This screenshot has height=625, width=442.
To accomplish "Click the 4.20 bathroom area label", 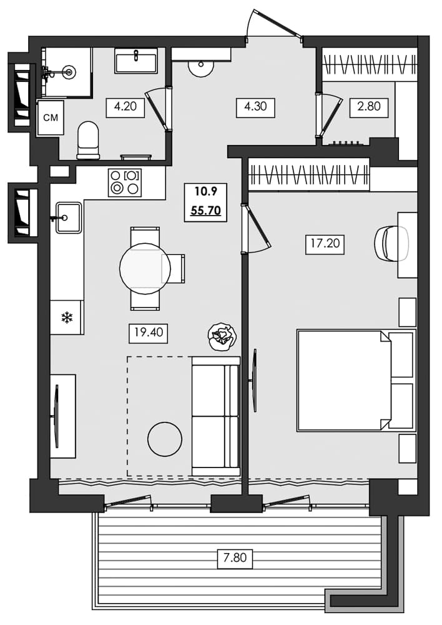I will click(125, 107).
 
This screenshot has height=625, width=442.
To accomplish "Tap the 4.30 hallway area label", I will click(255, 107).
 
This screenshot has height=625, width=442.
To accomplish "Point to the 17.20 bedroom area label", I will click(325, 243).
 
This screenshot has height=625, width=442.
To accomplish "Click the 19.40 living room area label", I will click(148, 332).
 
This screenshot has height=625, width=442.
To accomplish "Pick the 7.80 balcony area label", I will click(235, 557).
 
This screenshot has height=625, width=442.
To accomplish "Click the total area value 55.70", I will click(205, 211).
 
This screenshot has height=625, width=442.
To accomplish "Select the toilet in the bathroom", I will click(88, 139).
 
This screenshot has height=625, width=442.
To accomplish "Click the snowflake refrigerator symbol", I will click(66, 317).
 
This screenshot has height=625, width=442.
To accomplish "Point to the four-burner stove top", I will click(124, 182).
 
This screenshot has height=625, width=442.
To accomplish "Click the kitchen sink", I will click(68, 217).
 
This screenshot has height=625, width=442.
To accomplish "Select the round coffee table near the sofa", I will click(165, 439).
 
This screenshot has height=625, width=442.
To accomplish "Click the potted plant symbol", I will click(222, 336).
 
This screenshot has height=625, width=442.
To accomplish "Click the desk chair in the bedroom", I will click(391, 242).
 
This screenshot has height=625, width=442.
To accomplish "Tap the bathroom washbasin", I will click(135, 62).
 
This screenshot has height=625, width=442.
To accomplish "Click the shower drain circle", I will click(69, 72).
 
